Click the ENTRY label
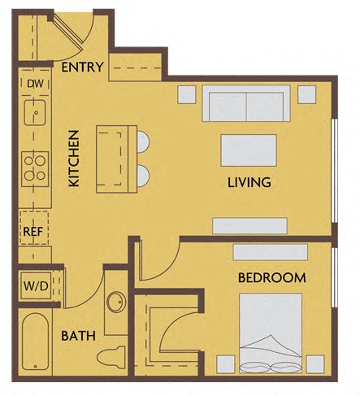coord(82,67)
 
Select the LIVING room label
coord(249,181)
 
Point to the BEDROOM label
coord(271,277)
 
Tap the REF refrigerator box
coord(33,231)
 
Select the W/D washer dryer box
coord(33,285)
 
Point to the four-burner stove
coord(35,167)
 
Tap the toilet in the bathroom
coord(112,355)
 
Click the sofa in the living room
coord(245,104)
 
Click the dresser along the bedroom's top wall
coord(270,251)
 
